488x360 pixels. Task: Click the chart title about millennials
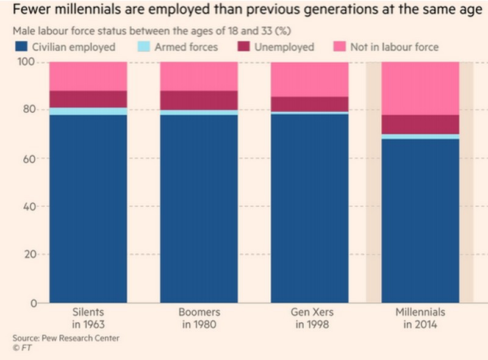click(x=242, y=10)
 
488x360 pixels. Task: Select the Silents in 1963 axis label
click(x=88, y=317)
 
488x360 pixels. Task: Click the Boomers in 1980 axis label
click(x=199, y=317)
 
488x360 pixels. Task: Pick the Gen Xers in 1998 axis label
click(x=309, y=317)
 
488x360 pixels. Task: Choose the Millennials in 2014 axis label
click(x=420, y=317)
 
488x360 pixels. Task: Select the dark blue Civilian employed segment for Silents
click(x=88, y=207)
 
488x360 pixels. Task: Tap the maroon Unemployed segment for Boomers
click(x=199, y=100)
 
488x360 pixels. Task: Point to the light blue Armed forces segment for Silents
click(x=88, y=111)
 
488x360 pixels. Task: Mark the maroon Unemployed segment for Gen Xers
click(x=309, y=104)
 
